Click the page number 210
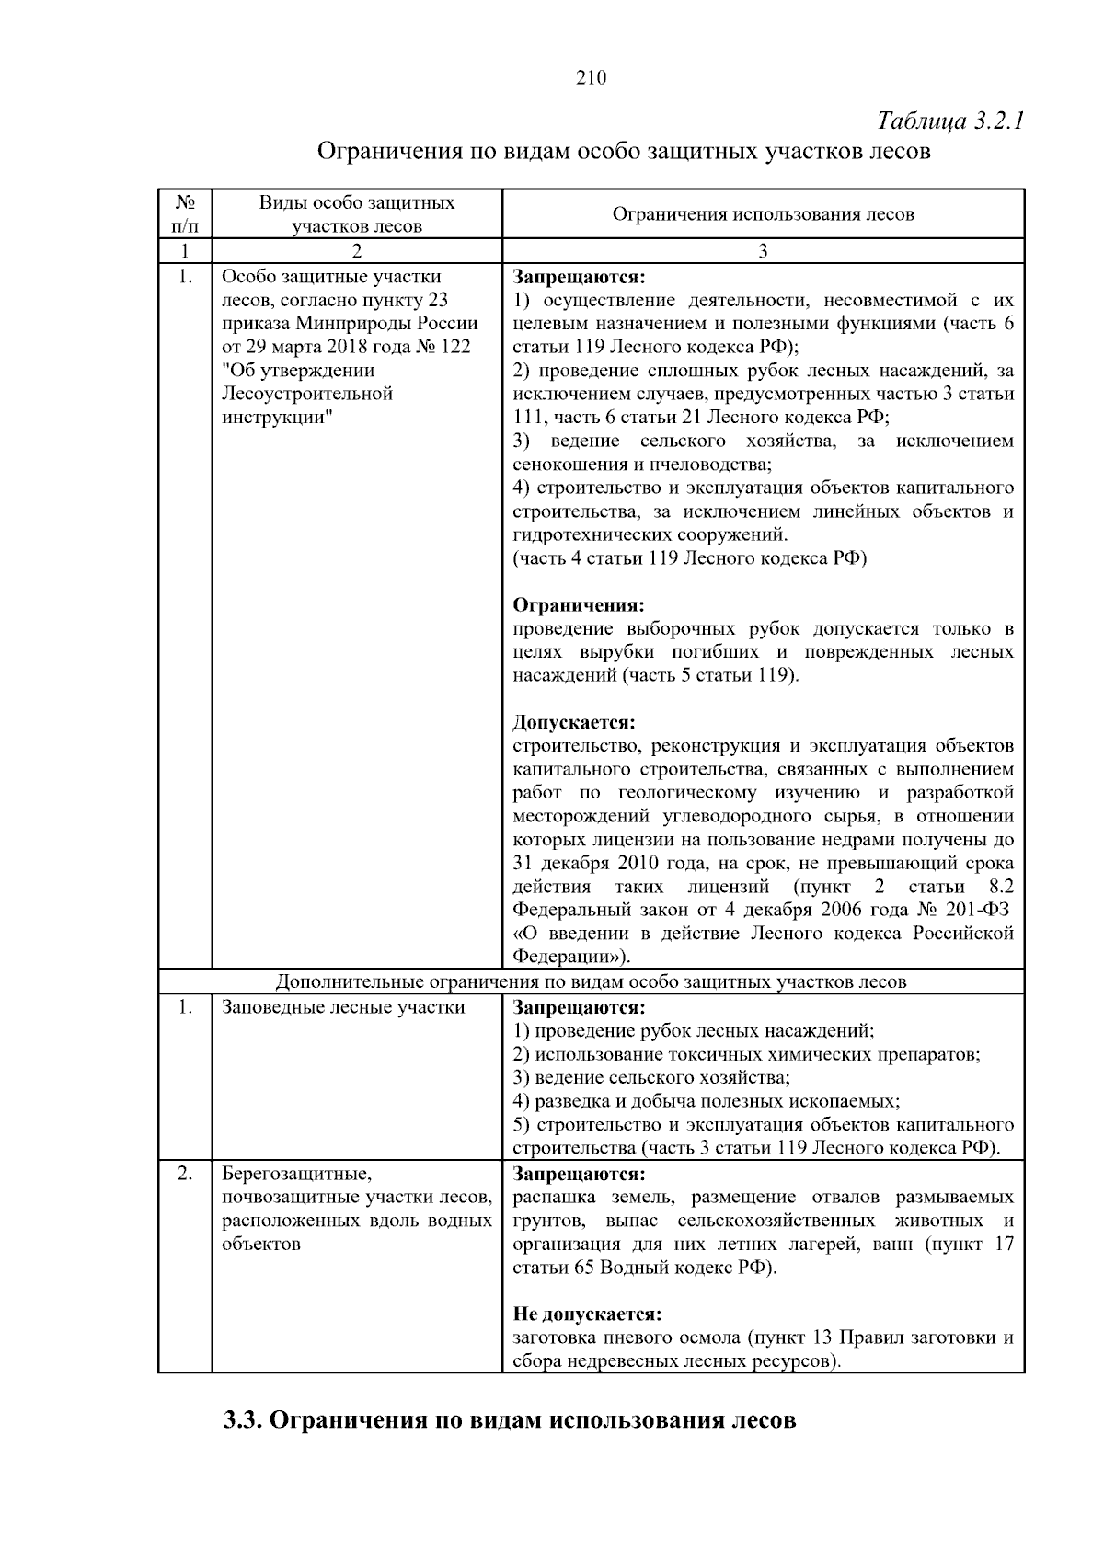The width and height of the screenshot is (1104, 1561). point(591,78)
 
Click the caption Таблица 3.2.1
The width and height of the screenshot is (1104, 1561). point(950,121)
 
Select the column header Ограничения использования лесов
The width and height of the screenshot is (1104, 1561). point(763,214)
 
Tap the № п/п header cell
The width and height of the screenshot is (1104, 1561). point(185,213)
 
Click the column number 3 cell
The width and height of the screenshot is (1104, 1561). point(763,251)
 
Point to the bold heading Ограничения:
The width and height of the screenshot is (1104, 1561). point(578,605)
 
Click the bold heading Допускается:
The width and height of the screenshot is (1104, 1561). point(574,722)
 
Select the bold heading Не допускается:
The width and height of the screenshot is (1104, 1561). point(587,1314)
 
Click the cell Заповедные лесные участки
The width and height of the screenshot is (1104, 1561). point(343,1007)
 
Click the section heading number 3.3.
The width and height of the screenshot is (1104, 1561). point(244,1419)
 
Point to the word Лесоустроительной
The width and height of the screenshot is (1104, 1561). point(307,394)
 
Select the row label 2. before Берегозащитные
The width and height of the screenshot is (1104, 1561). point(185,1174)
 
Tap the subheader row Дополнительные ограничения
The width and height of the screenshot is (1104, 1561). point(591,981)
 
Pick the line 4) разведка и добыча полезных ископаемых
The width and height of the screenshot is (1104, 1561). point(706,1101)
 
